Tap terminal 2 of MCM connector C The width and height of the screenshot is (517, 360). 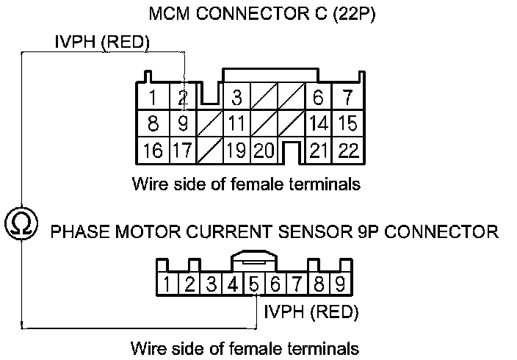click(183, 97)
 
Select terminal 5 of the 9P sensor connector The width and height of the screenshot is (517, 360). click(253, 284)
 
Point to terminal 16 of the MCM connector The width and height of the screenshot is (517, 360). click(153, 151)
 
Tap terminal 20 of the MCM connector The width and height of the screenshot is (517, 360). click(264, 151)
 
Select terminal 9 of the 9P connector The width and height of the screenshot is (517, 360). click(340, 284)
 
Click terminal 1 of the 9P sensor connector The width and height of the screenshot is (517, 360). click(167, 284)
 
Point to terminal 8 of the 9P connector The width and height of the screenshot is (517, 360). click(319, 284)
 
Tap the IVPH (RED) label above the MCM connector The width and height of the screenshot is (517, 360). click(102, 43)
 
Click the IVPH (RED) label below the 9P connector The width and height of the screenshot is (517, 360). click(311, 312)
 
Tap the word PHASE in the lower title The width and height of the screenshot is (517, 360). click(77, 232)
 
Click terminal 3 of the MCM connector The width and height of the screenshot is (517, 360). click(236, 97)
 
